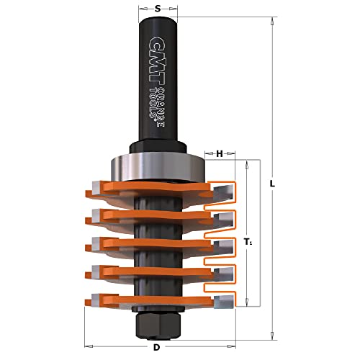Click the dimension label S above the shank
pyautogui.click(x=158, y=9)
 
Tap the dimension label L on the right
pyautogui.click(x=272, y=184)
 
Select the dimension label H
pyautogui.click(x=220, y=153)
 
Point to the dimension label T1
pyautogui.click(x=248, y=243)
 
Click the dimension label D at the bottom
pyautogui.click(x=156, y=347)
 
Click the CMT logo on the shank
pyautogui.click(x=156, y=61)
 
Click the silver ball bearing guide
pyautogui.click(x=158, y=167)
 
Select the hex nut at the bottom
pyautogui.click(x=158, y=326)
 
